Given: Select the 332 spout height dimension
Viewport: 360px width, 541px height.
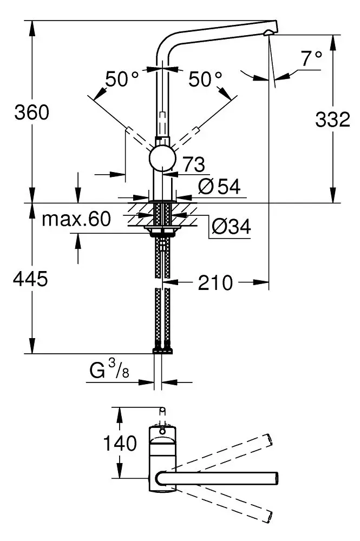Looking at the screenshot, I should pyautogui.click(x=332, y=120).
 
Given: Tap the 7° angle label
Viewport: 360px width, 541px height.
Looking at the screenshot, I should pyautogui.click(x=312, y=58).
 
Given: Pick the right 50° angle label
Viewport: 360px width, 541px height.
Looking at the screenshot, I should pyautogui.click(x=206, y=80).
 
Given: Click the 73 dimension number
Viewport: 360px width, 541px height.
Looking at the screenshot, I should pyautogui.click(x=193, y=163).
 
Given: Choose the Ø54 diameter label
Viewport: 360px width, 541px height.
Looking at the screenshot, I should pyautogui.click(x=219, y=187).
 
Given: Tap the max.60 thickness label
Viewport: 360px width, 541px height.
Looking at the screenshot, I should pyautogui.click(x=76, y=219).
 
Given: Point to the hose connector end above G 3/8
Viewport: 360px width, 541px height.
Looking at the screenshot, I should pyautogui.click(x=162, y=351).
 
